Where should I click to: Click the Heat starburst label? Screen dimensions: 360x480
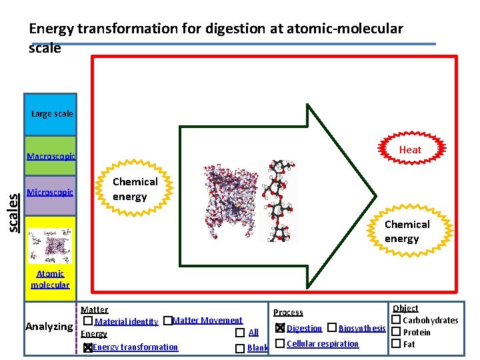click(x=410, y=149)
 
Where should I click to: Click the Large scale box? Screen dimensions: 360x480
click(x=51, y=114)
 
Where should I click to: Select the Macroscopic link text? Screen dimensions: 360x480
click(x=51, y=157)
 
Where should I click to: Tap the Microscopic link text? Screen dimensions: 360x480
click(x=50, y=193)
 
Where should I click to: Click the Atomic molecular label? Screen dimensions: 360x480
click(x=50, y=279)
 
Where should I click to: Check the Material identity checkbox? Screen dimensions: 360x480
click(x=88, y=321)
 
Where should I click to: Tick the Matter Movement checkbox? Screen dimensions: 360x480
click(x=167, y=321)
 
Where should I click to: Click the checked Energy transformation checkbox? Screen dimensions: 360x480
click(x=88, y=347)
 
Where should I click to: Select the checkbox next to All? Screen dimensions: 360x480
click(x=239, y=333)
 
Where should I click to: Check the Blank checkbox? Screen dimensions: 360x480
click(x=239, y=348)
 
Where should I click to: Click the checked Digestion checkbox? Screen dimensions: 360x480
click(x=280, y=328)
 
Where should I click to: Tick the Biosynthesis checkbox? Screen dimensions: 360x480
click(x=331, y=328)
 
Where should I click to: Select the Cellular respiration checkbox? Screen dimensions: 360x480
click(x=280, y=343)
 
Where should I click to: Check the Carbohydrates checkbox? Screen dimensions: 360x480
click(x=395, y=320)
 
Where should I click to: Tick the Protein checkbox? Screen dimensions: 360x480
click(x=395, y=332)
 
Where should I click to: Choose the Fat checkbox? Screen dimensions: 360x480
click(x=395, y=344)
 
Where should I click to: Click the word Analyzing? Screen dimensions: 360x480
click(x=49, y=327)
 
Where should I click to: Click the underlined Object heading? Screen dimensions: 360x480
click(x=405, y=308)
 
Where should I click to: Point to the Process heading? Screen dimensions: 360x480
click(x=288, y=312)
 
